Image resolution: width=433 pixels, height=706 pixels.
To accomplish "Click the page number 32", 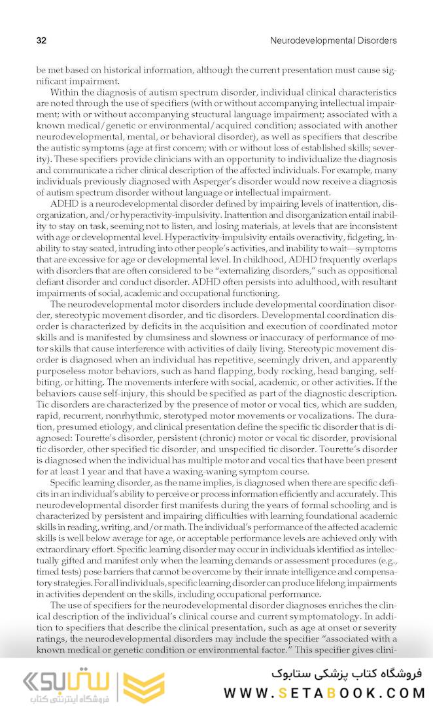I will [41, 41].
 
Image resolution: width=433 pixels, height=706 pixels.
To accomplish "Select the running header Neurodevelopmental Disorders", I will [333, 41].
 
